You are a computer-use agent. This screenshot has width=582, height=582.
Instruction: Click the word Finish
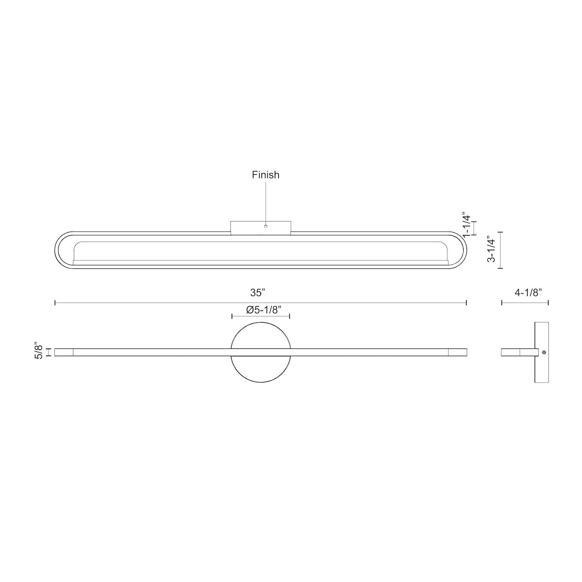coord(265,175)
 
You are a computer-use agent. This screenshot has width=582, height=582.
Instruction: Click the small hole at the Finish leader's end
coord(266,226)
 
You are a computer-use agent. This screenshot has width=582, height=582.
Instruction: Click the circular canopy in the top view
coord(260,369)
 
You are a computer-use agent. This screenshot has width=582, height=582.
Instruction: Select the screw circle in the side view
coord(544,352)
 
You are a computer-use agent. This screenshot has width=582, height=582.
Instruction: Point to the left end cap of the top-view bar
coord(64,352)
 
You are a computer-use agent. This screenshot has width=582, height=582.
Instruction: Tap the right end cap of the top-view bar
coord(457,352)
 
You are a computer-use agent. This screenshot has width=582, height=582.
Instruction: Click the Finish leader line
coord(266,202)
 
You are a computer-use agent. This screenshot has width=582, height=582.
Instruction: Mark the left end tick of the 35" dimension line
coord(55,303)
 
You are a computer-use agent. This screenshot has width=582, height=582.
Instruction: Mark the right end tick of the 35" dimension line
coord(466,303)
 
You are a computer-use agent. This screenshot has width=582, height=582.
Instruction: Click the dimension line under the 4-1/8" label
coord(525,303)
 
